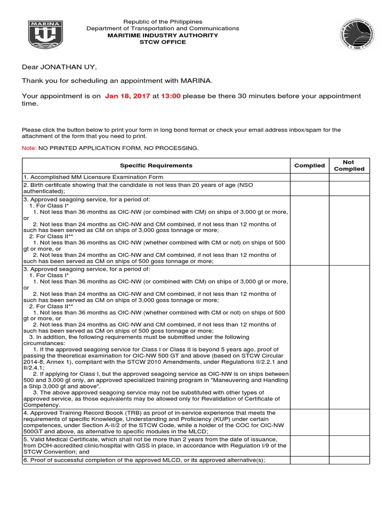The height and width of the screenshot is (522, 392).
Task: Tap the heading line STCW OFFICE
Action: tap(163, 42)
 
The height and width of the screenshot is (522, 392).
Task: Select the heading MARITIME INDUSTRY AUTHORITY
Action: tap(163, 35)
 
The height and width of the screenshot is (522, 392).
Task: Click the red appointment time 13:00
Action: tap(171, 96)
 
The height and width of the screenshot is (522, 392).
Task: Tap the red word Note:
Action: tap(29, 148)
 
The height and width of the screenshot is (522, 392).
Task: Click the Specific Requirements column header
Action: tap(156, 166)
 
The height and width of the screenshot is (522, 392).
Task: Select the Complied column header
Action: tap(309, 166)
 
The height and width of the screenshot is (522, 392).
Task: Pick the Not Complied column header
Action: tap(349, 166)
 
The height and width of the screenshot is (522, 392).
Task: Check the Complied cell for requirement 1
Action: tap(309, 177)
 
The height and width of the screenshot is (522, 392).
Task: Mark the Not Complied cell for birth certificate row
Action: tap(349, 188)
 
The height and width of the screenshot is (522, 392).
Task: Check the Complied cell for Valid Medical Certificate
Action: tap(309, 446)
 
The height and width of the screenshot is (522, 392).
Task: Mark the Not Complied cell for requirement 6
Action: tap(349, 460)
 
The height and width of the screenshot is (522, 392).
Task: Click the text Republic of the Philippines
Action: tap(163, 22)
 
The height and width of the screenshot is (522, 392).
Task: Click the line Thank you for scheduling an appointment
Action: tap(116, 81)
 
